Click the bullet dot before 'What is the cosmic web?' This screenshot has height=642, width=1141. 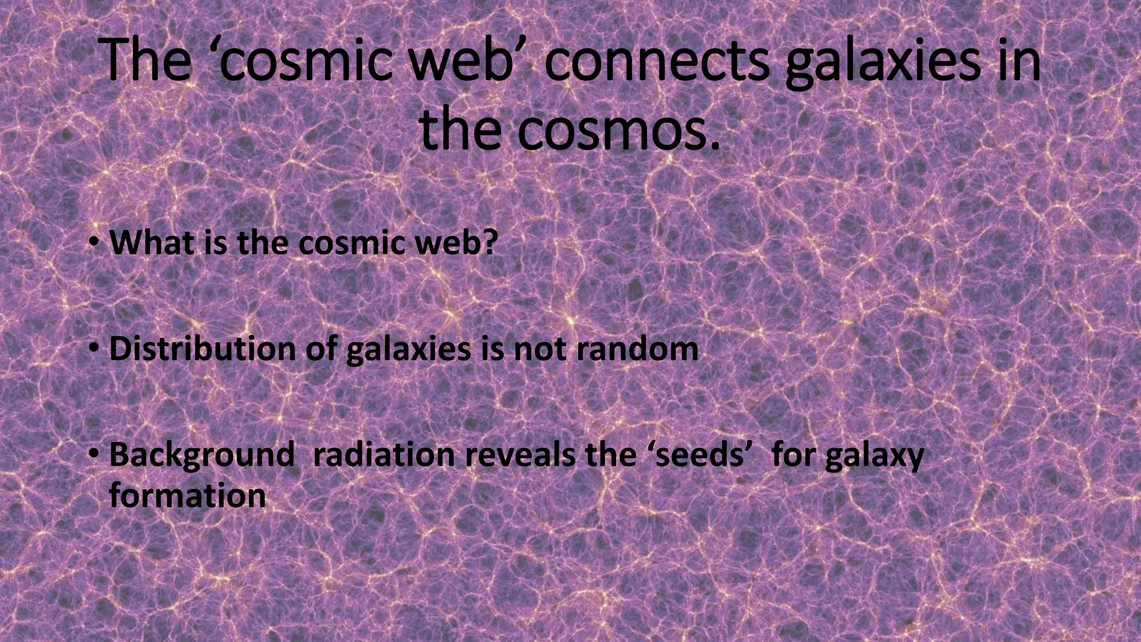pos(95,244)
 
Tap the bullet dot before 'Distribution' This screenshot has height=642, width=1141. pos(95,349)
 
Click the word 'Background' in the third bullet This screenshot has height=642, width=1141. pos(202,455)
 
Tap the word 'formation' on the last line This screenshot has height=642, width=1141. pos(187,495)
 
